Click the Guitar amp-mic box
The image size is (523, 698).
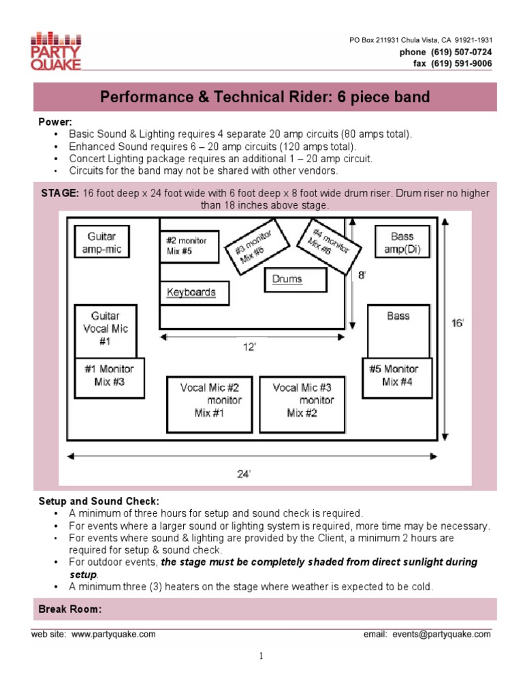pos(101,243)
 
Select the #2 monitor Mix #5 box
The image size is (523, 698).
pos(189,246)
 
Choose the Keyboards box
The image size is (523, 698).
pos(194,292)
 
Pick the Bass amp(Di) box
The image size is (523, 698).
pos(402,243)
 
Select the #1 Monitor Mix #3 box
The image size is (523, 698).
pos(109,376)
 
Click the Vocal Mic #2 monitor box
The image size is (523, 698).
pos(210,404)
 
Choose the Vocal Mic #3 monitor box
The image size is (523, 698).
pos(302,404)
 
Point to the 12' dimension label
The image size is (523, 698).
pos(249,348)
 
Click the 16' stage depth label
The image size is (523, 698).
pos(458,323)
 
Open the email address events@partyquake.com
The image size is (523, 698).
pos(441,634)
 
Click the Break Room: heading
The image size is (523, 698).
pos(72,609)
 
